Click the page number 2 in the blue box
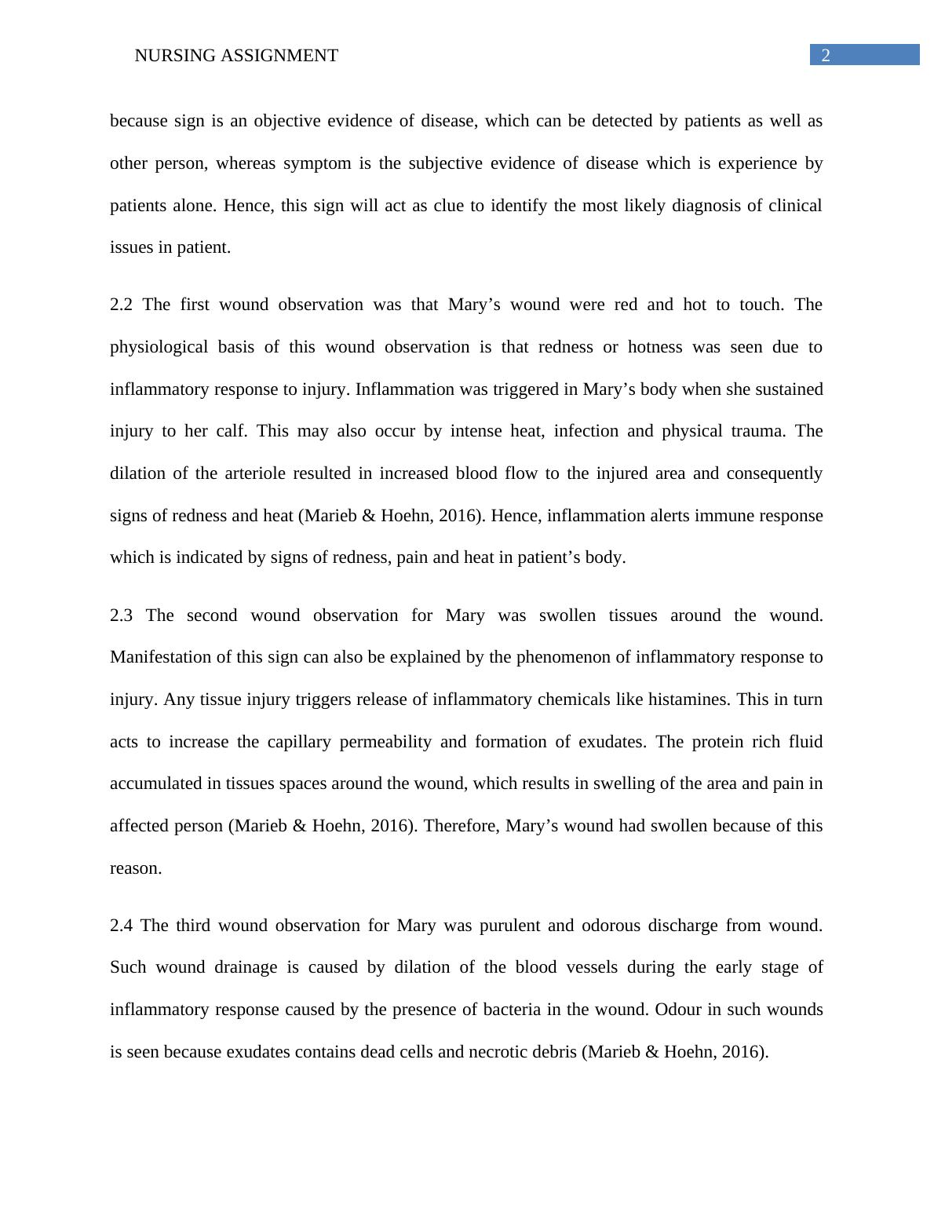(826, 55)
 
